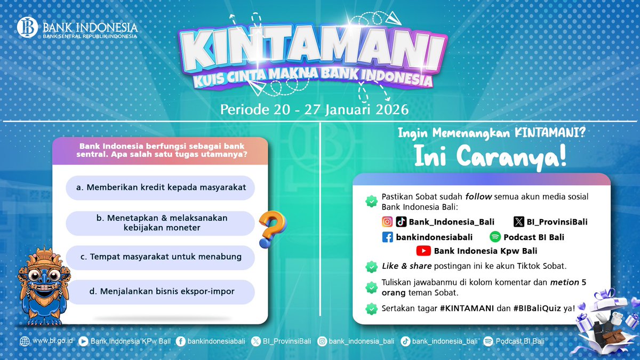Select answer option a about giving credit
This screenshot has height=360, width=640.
pyautogui.click(x=160, y=188)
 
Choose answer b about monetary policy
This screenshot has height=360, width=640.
pyautogui.click(x=160, y=223)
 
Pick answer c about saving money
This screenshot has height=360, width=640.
pyautogui.click(x=160, y=257)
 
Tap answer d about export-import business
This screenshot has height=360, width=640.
pyautogui.click(x=160, y=292)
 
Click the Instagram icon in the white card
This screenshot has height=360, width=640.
pyautogui.click(x=387, y=222)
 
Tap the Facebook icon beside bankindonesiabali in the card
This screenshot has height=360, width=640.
pyautogui.click(x=387, y=237)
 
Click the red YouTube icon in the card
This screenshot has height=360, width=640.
pyautogui.click(x=423, y=251)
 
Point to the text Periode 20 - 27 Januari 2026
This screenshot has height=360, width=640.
pyautogui.click(x=314, y=110)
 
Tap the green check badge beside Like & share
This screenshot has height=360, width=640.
pyautogui.click(x=370, y=266)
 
